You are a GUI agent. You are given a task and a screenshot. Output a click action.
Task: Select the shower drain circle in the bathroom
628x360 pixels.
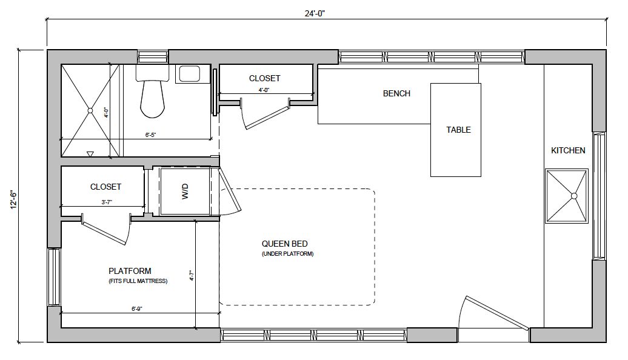tap(90, 110)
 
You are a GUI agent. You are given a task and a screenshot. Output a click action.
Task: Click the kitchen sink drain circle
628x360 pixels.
tap(573, 196)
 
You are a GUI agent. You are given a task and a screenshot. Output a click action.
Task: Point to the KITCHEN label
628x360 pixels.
tap(568, 150)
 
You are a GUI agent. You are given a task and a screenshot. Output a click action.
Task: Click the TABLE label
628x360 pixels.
tap(459, 130)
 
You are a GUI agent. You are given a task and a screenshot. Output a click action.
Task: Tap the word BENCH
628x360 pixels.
tap(396, 93)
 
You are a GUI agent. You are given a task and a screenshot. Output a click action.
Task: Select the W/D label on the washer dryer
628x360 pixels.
tap(185, 192)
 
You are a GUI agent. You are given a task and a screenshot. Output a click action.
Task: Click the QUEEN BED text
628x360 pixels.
tap(285, 244)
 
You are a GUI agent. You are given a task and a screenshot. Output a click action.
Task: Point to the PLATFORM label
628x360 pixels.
tap(130, 271)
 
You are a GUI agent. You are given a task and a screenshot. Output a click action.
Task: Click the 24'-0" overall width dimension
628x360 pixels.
tap(315, 13)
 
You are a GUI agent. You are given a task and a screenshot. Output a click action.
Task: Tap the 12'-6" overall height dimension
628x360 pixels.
tap(13, 199)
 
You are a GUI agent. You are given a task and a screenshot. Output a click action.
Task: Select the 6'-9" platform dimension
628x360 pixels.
tap(137, 308)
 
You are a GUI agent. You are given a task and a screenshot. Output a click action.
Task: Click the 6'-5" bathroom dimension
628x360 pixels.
tap(150, 135)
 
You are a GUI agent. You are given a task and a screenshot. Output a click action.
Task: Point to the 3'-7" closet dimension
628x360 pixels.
tap(107, 202)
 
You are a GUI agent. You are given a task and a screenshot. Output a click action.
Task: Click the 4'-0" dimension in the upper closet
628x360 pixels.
tap(264, 90)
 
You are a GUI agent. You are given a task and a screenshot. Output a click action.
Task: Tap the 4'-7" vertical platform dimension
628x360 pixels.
tap(192, 276)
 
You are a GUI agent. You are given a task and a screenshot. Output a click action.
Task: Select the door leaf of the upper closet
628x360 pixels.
tap(267, 118)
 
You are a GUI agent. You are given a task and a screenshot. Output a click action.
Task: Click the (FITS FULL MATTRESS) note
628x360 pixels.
tap(138, 281)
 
